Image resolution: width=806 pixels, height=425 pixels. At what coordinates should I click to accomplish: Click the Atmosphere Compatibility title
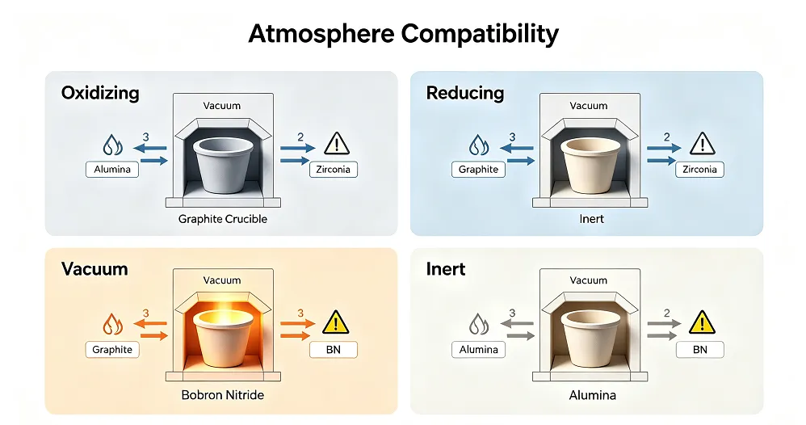coord(403,34)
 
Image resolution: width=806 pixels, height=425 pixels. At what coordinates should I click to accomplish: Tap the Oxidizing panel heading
coord(100,93)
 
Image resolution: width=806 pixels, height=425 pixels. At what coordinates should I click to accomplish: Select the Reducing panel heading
coord(465,93)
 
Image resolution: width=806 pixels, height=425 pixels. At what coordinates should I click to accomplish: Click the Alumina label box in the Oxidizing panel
coord(112,170)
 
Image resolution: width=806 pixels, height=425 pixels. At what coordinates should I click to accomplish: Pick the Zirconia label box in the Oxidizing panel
coord(333,170)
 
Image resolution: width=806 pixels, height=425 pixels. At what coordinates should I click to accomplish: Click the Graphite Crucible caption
coord(223,219)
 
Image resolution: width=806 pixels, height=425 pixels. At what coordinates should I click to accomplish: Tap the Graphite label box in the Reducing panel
coord(479,170)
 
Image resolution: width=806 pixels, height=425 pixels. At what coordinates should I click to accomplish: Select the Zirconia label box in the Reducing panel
coord(699,170)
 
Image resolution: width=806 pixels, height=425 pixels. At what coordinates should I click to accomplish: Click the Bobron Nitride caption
coord(223,395)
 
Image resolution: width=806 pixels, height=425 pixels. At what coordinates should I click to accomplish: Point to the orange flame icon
coord(112,324)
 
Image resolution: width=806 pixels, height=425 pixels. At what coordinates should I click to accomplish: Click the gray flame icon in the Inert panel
coord(479,324)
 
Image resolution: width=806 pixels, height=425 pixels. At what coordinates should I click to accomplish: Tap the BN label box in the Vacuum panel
coord(333,350)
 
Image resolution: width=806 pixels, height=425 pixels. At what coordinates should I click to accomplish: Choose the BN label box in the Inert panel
coord(699,350)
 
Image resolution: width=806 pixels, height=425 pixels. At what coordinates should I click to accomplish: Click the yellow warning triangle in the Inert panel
coord(702,322)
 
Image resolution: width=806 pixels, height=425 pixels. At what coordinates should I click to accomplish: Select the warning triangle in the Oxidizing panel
coord(337,144)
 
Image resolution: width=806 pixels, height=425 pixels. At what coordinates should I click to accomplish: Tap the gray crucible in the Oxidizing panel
coord(223,165)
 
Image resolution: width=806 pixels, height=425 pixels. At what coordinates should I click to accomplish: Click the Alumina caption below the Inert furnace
coord(592,395)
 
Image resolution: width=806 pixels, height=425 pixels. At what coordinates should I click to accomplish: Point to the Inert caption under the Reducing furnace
coord(592,219)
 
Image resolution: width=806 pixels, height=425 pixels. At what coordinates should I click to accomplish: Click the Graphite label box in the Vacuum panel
coord(112,350)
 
